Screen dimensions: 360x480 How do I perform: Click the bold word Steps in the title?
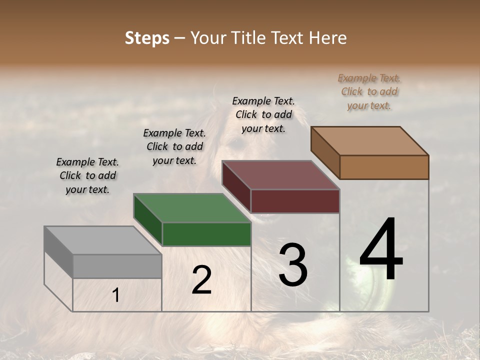pos(147,38)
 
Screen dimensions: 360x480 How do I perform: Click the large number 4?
pos(381,250)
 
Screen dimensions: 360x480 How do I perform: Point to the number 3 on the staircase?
pos(292,265)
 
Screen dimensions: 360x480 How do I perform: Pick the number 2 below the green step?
pos(201,280)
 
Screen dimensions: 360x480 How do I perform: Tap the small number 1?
pos(116,295)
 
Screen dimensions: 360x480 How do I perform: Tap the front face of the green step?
pos(206,234)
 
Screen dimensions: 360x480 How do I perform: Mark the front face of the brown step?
pos(384,167)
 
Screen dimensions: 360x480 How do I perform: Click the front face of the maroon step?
pos(295,201)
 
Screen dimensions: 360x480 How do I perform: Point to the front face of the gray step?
pos(117,266)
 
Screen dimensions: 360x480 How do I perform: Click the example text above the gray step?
pos(87,175)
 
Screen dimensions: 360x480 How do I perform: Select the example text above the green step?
pos(174,146)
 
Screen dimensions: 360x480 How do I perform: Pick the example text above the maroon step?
pos(263,114)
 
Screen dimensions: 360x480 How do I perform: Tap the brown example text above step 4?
pos(369,91)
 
